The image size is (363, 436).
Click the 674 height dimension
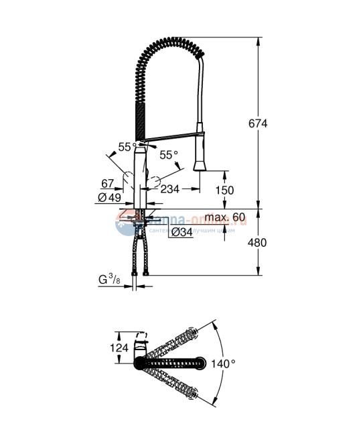[x=257, y=123]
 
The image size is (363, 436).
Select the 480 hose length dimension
[x=257, y=242]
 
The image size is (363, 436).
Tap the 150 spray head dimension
[x=224, y=190]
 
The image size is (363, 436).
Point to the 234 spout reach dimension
[x=170, y=190]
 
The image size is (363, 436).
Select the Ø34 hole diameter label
[x=181, y=232]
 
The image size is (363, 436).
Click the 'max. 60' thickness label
[x=226, y=218]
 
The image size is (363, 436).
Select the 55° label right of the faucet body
[x=169, y=155]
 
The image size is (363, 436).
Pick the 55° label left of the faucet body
[x=125, y=145]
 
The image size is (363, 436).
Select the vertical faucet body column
[x=141, y=178]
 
